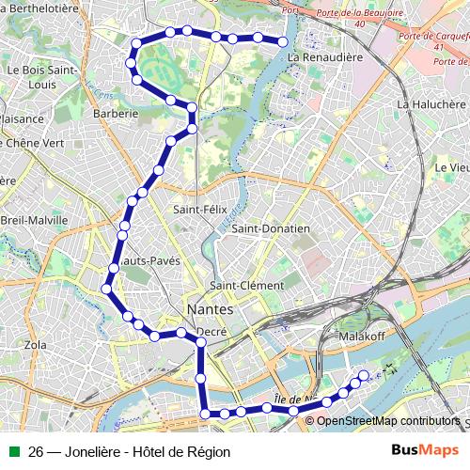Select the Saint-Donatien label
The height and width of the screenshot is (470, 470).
click(271, 228)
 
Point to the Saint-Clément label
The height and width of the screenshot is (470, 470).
click(246, 286)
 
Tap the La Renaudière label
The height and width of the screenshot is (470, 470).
click(325, 57)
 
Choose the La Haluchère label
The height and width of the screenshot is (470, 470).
click(431, 104)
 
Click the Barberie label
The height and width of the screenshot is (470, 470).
click(117, 113)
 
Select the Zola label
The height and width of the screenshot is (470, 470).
click(35, 345)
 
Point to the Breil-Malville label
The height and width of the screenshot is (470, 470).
click(35, 220)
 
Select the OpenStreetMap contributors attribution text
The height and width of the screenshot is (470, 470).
click(388, 420)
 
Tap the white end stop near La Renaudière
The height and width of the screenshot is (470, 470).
click(283, 40)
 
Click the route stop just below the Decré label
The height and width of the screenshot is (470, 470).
click(200, 344)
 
